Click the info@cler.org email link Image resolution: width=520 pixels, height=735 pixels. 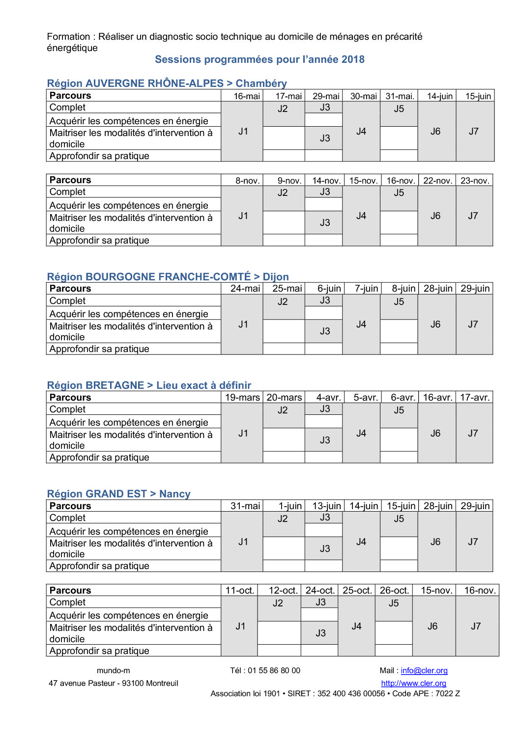click(x=424, y=671)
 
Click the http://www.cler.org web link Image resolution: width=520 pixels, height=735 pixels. click(x=413, y=683)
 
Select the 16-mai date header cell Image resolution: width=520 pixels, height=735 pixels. click(x=247, y=96)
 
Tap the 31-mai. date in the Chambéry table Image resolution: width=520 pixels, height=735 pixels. click(x=400, y=96)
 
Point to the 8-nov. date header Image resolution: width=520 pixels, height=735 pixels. click(x=247, y=181)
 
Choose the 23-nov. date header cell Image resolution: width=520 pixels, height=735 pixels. click(x=475, y=181)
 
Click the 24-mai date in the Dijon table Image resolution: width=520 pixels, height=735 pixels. click(x=245, y=289)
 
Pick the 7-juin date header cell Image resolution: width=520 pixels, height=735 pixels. click(x=366, y=289)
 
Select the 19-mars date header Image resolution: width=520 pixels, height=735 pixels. click(x=242, y=398)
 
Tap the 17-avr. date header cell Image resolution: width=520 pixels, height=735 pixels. click(x=475, y=398)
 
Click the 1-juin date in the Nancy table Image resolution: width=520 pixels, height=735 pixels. click(x=290, y=506)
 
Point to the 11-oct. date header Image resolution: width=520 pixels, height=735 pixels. click(x=240, y=591)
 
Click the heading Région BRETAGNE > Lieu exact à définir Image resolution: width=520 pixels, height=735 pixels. click(x=149, y=385)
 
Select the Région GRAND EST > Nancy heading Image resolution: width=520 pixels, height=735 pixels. click(x=118, y=494)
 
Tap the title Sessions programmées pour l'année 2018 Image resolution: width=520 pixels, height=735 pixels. click(x=260, y=59)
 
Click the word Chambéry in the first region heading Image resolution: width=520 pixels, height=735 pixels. click(x=261, y=83)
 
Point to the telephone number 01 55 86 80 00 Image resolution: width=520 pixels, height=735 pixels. click(x=274, y=671)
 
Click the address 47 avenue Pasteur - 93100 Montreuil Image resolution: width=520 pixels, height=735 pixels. click(x=114, y=683)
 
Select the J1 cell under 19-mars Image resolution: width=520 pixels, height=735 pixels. click(x=243, y=434)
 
